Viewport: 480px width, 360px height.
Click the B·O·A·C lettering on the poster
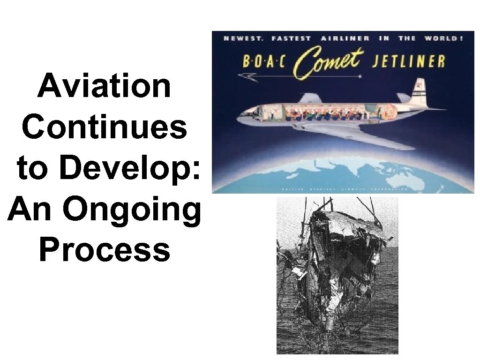click(x=264, y=62)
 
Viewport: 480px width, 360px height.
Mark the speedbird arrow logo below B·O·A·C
click(x=248, y=76)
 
